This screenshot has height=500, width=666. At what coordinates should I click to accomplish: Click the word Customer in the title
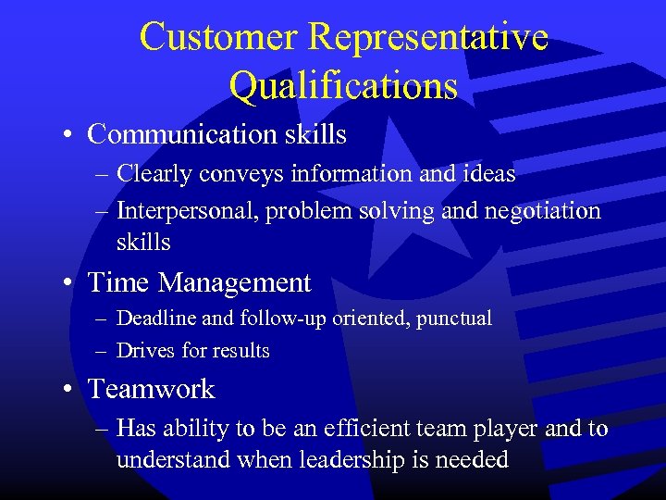pyautogui.click(x=219, y=37)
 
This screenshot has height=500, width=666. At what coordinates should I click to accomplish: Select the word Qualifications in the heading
pyautogui.click(x=343, y=86)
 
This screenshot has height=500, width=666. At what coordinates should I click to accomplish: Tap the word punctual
pyautogui.click(x=454, y=319)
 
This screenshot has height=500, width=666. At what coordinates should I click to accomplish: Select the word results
pyautogui.click(x=239, y=351)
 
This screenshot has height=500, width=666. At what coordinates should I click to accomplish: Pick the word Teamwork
pyautogui.click(x=151, y=389)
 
